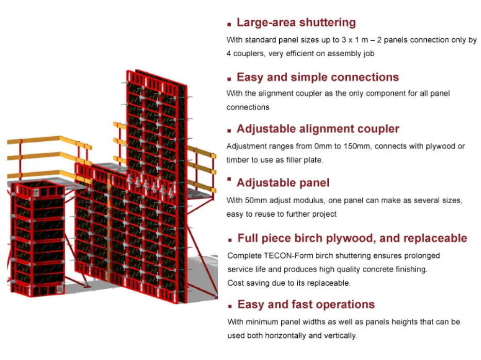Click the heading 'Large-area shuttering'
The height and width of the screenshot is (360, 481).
[296, 23]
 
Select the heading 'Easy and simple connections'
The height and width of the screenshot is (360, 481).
[317, 77]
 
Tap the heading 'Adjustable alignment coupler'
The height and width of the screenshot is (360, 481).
[318, 129]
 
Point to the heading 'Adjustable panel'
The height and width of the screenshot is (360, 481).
[283, 183]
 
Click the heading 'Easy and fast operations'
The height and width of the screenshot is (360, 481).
[306, 304]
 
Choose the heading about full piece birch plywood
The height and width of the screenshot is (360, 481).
[352, 238]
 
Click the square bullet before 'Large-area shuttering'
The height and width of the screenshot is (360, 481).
[229, 24]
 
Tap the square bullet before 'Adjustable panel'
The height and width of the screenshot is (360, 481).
[229, 180]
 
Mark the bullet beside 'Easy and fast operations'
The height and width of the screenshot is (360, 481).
[230, 306]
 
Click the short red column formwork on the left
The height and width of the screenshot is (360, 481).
[38, 237]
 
